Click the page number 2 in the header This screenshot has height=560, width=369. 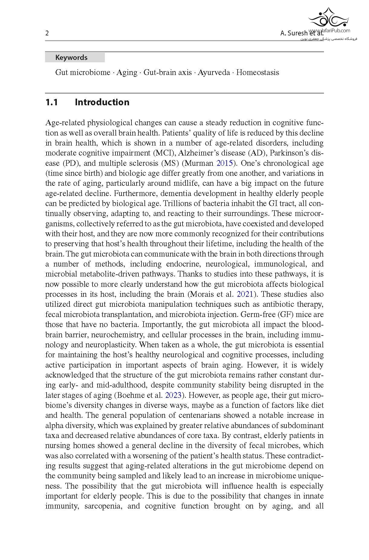[x=47, y=33]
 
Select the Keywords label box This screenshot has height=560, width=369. [x=75, y=57]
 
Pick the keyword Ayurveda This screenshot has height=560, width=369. [x=214, y=73]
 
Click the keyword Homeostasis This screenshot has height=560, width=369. [x=257, y=73]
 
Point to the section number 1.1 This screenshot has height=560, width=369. [x=52, y=102]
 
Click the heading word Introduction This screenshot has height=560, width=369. [x=102, y=102]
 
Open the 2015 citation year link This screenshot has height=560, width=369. [x=225, y=163]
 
